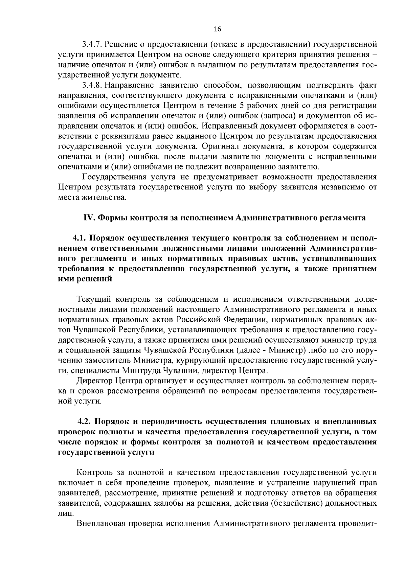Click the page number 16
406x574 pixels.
tap(218, 29)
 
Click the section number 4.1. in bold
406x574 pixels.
tap(79, 238)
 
